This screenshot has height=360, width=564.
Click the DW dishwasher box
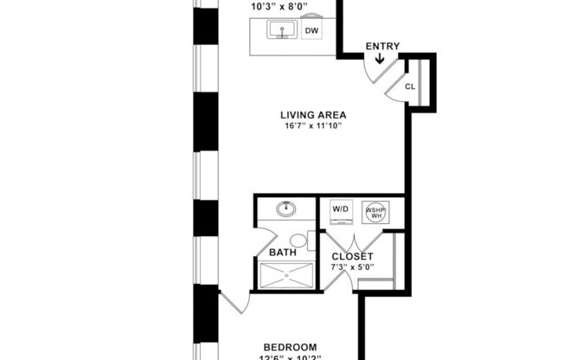pyautogui.click(x=312, y=30)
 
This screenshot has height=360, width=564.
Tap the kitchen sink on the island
pyautogui.click(x=283, y=31)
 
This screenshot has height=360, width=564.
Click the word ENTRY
pyautogui.click(x=382, y=46)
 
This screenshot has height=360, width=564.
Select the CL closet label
pyautogui.click(x=410, y=87)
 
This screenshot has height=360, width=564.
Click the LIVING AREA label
pyautogui.click(x=313, y=114)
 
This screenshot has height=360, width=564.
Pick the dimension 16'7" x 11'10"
pyautogui.click(x=313, y=126)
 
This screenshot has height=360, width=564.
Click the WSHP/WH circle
pyautogui.click(x=375, y=213)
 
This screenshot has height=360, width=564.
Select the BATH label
pyautogui.click(x=283, y=254)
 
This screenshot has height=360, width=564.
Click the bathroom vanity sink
pyautogui.click(x=285, y=209)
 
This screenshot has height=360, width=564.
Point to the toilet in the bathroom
pyautogui.click(x=299, y=241)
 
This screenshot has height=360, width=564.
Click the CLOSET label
pyautogui.click(x=352, y=257)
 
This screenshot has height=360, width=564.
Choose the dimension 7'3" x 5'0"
pyautogui.click(x=352, y=268)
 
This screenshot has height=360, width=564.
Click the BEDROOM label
pyautogui.click(x=290, y=346)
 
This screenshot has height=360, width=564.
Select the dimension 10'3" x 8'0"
pyautogui.click(x=278, y=6)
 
